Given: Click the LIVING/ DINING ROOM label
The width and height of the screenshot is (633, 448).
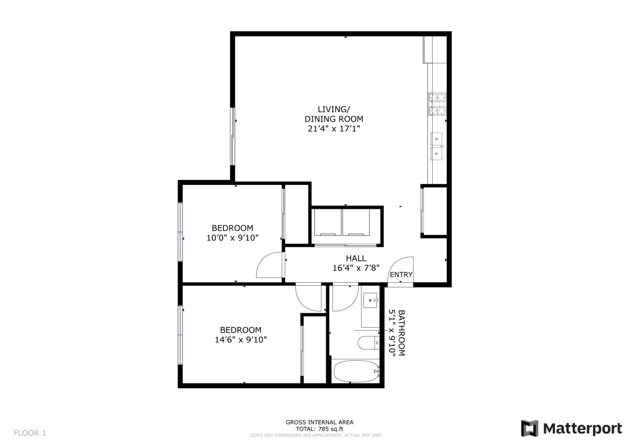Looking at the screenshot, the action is tap(334, 114).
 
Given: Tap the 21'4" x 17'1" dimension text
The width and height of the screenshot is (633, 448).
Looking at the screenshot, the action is tap(334, 129).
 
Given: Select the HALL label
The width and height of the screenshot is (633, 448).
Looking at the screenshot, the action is tap(356, 258).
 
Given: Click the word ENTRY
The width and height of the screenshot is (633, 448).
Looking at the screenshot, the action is tap(401, 275).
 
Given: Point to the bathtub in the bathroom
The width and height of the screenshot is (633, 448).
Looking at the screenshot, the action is tap(356, 371).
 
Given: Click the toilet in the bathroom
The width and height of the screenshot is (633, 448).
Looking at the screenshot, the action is tap(368, 343).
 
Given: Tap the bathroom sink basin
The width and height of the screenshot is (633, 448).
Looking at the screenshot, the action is tap(370, 300).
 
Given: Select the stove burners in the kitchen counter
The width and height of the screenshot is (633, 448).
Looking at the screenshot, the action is tap(438, 104).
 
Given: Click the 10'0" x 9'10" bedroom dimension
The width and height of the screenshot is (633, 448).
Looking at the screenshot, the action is tap(233, 238).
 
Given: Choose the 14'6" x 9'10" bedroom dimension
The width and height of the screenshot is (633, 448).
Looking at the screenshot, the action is tap(241, 339).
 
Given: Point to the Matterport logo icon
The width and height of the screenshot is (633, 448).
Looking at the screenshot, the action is tap(530, 429).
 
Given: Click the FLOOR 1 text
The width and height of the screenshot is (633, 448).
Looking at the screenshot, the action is tap(30, 433).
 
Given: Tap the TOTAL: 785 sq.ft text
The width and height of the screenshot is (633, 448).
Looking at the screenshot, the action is tap(319, 429).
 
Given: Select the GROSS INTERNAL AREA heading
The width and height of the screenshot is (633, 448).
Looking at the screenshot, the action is tap(319, 422).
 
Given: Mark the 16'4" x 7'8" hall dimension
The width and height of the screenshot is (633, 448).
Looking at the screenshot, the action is tap(356, 268).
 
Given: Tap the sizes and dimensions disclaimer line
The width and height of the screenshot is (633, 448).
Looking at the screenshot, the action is tap(316, 435).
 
